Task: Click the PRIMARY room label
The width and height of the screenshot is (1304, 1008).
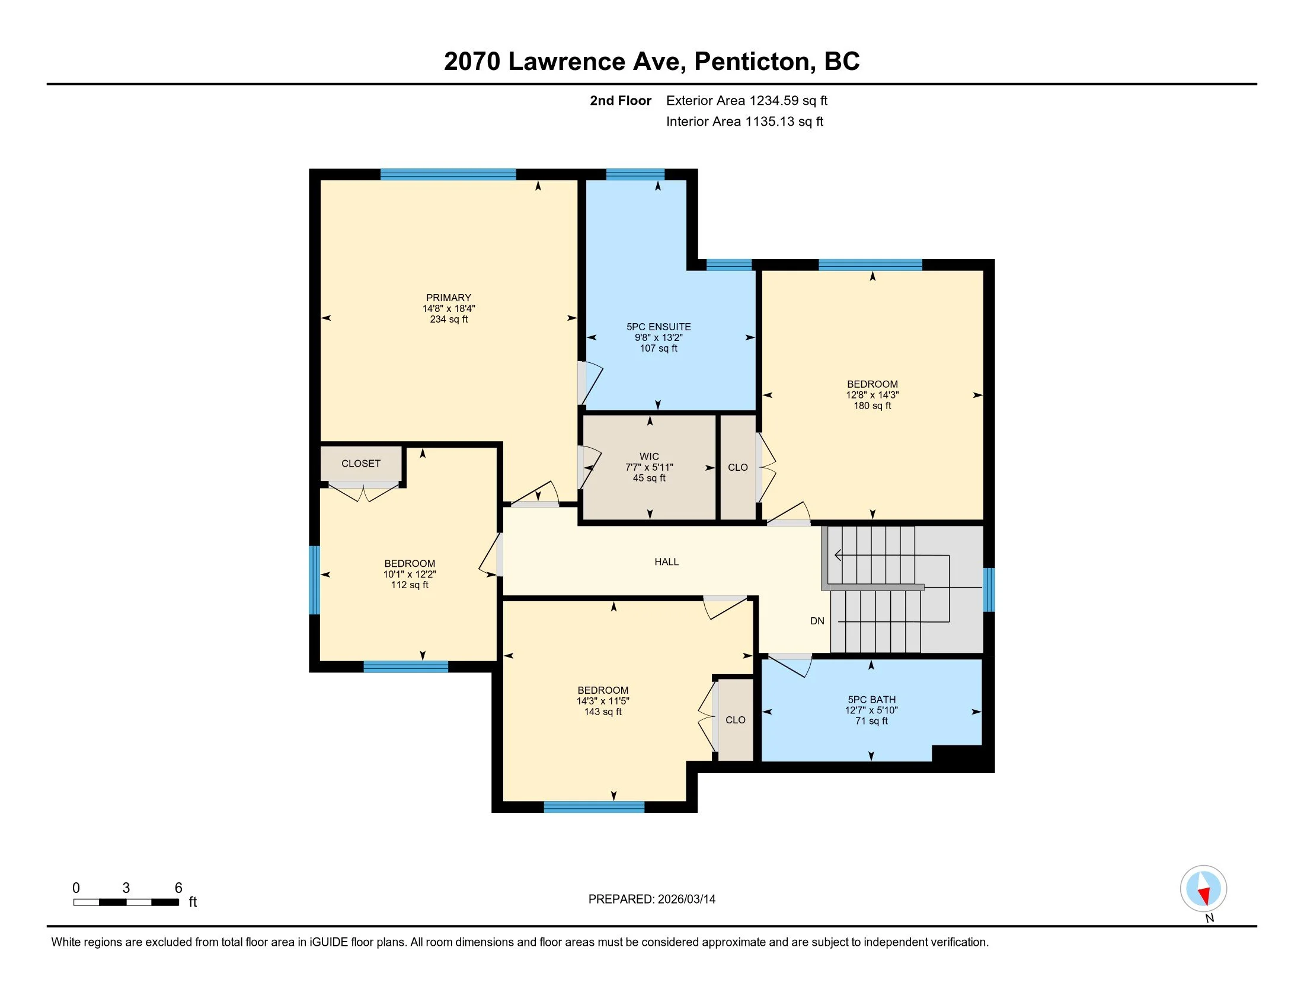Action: (x=449, y=298)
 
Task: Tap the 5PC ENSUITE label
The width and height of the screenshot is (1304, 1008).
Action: (x=659, y=327)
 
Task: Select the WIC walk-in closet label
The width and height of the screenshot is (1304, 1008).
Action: (x=649, y=456)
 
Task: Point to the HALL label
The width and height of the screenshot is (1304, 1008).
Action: (x=666, y=562)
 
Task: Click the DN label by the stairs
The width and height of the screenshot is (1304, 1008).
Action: (x=817, y=621)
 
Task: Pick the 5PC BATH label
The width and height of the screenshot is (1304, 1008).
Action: (x=872, y=699)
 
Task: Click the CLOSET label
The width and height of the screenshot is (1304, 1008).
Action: (x=360, y=464)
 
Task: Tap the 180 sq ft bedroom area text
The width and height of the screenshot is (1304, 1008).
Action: (x=872, y=406)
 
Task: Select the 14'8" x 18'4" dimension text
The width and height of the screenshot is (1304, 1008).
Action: (x=449, y=309)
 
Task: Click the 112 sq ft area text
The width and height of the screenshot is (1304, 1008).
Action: (x=410, y=585)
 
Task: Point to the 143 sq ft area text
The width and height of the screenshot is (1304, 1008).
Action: (x=603, y=712)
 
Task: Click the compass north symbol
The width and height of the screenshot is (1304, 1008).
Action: (x=1203, y=889)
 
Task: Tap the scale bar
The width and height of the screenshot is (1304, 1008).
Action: (x=126, y=902)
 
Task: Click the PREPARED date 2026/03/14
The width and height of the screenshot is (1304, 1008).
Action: (x=685, y=899)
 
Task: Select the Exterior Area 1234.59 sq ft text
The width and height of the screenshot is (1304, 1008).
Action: (x=747, y=100)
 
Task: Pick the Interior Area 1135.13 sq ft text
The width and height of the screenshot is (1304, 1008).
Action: (x=744, y=121)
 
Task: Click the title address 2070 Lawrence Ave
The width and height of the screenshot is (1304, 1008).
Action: (x=564, y=61)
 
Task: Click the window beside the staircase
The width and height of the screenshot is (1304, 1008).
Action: (x=989, y=590)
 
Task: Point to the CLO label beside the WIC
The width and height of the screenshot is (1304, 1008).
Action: (x=737, y=468)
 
